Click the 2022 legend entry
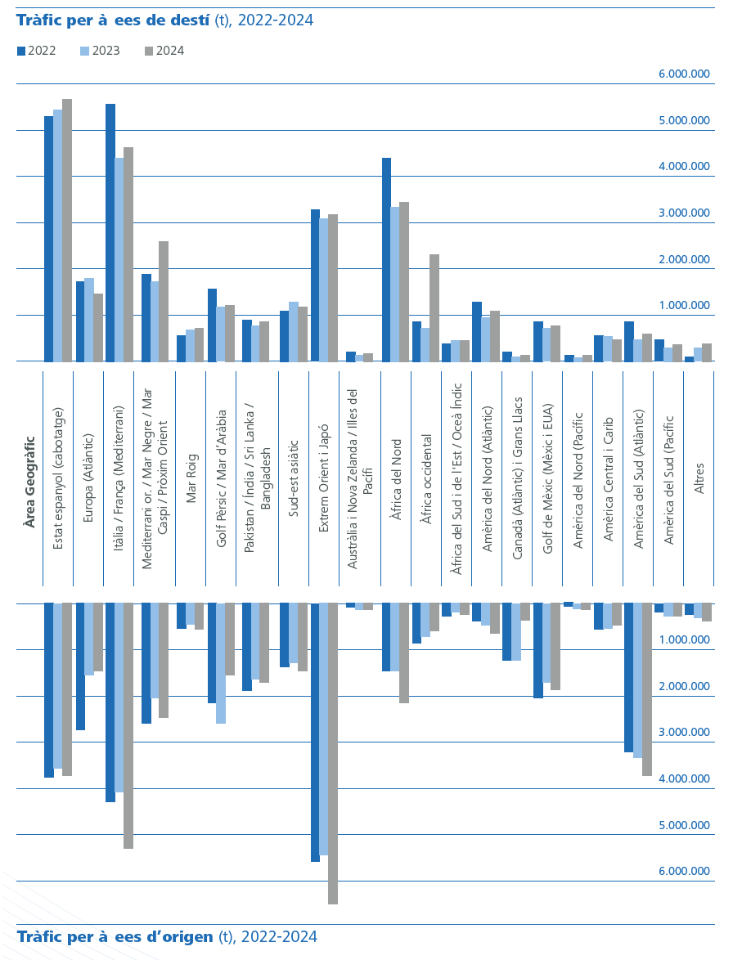pos(36,51)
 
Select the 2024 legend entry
pos(164,51)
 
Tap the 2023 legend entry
pos(100,51)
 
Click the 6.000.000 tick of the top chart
pos(684,74)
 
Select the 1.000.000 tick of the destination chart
pos(684,305)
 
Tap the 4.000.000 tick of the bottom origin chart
pos(684,778)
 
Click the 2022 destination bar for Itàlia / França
pos(110,233)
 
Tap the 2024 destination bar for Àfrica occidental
pos(434,307)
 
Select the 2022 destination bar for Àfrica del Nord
pos(387,259)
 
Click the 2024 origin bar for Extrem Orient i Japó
pos(333,753)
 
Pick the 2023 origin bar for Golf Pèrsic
pos(221,663)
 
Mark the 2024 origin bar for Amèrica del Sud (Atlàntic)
pos(647,689)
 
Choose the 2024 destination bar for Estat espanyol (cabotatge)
pos(67,231)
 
